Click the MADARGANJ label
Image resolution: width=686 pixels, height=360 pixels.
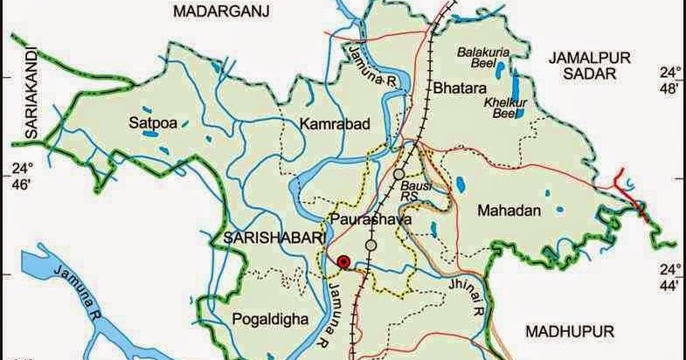click(220, 10)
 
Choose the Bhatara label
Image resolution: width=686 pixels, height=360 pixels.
click(454, 88)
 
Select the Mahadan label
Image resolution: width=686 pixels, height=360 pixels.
click(510, 211)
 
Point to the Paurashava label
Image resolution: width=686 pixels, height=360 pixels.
click(371, 220)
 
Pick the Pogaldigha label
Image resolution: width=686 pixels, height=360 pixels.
click(271, 320)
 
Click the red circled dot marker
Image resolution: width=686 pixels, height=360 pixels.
click(344, 260)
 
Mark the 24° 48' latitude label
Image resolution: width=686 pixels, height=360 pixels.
click(669, 80)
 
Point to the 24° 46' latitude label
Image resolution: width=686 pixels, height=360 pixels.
click(19, 175)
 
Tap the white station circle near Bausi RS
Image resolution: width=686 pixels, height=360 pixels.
click(399, 175)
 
